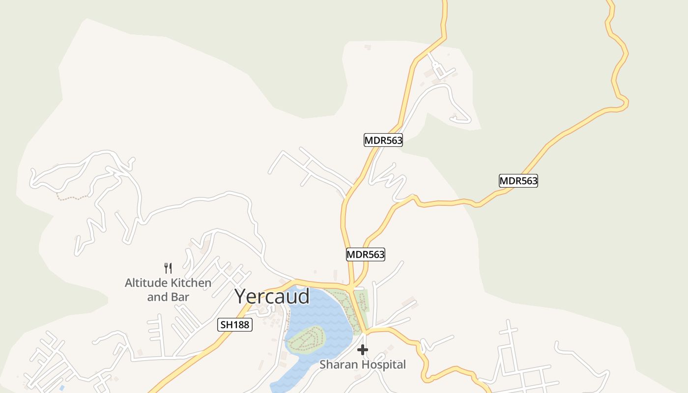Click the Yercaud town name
click(x=272, y=297)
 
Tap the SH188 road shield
click(x=235, y=325)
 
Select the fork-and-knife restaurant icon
click(x=168, y=268)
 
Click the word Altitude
click(x=146, y=283)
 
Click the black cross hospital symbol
click(x=363, y=350)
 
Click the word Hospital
click(x=383, y=365)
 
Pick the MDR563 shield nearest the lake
click(x=365, y=254)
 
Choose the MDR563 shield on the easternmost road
click(x=518, y=181)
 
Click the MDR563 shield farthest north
click(x=383, y=140)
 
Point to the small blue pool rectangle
click(x=61, y=388)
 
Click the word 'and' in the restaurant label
click(x=157, y=297)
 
